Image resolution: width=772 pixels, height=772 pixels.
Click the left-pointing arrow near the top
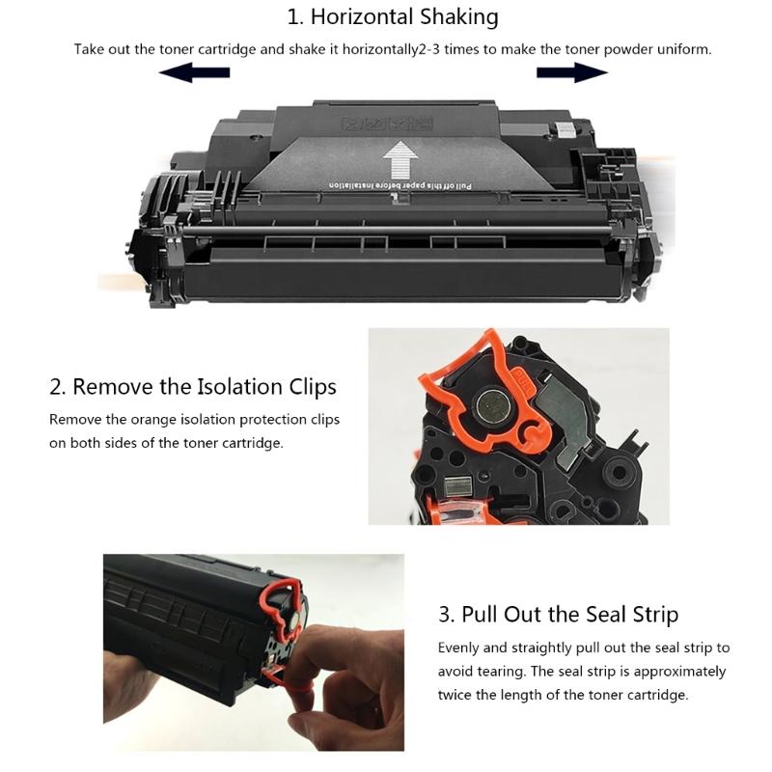pyautogui.click(x=194, y=72)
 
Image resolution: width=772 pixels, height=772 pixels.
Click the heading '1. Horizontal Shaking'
pyautogui.click(x=393, y=16)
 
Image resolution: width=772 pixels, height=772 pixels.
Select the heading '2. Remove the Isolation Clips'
pyautogui.click(x=193, y=387)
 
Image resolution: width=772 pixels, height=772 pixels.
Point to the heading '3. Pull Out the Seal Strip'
pyautogui.click(x=558, y=615)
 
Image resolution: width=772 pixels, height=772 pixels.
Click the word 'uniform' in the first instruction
pyautogui.click(x=683, y=48)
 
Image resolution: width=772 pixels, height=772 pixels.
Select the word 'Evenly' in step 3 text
pyautogui.click(x=459, y=648)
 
